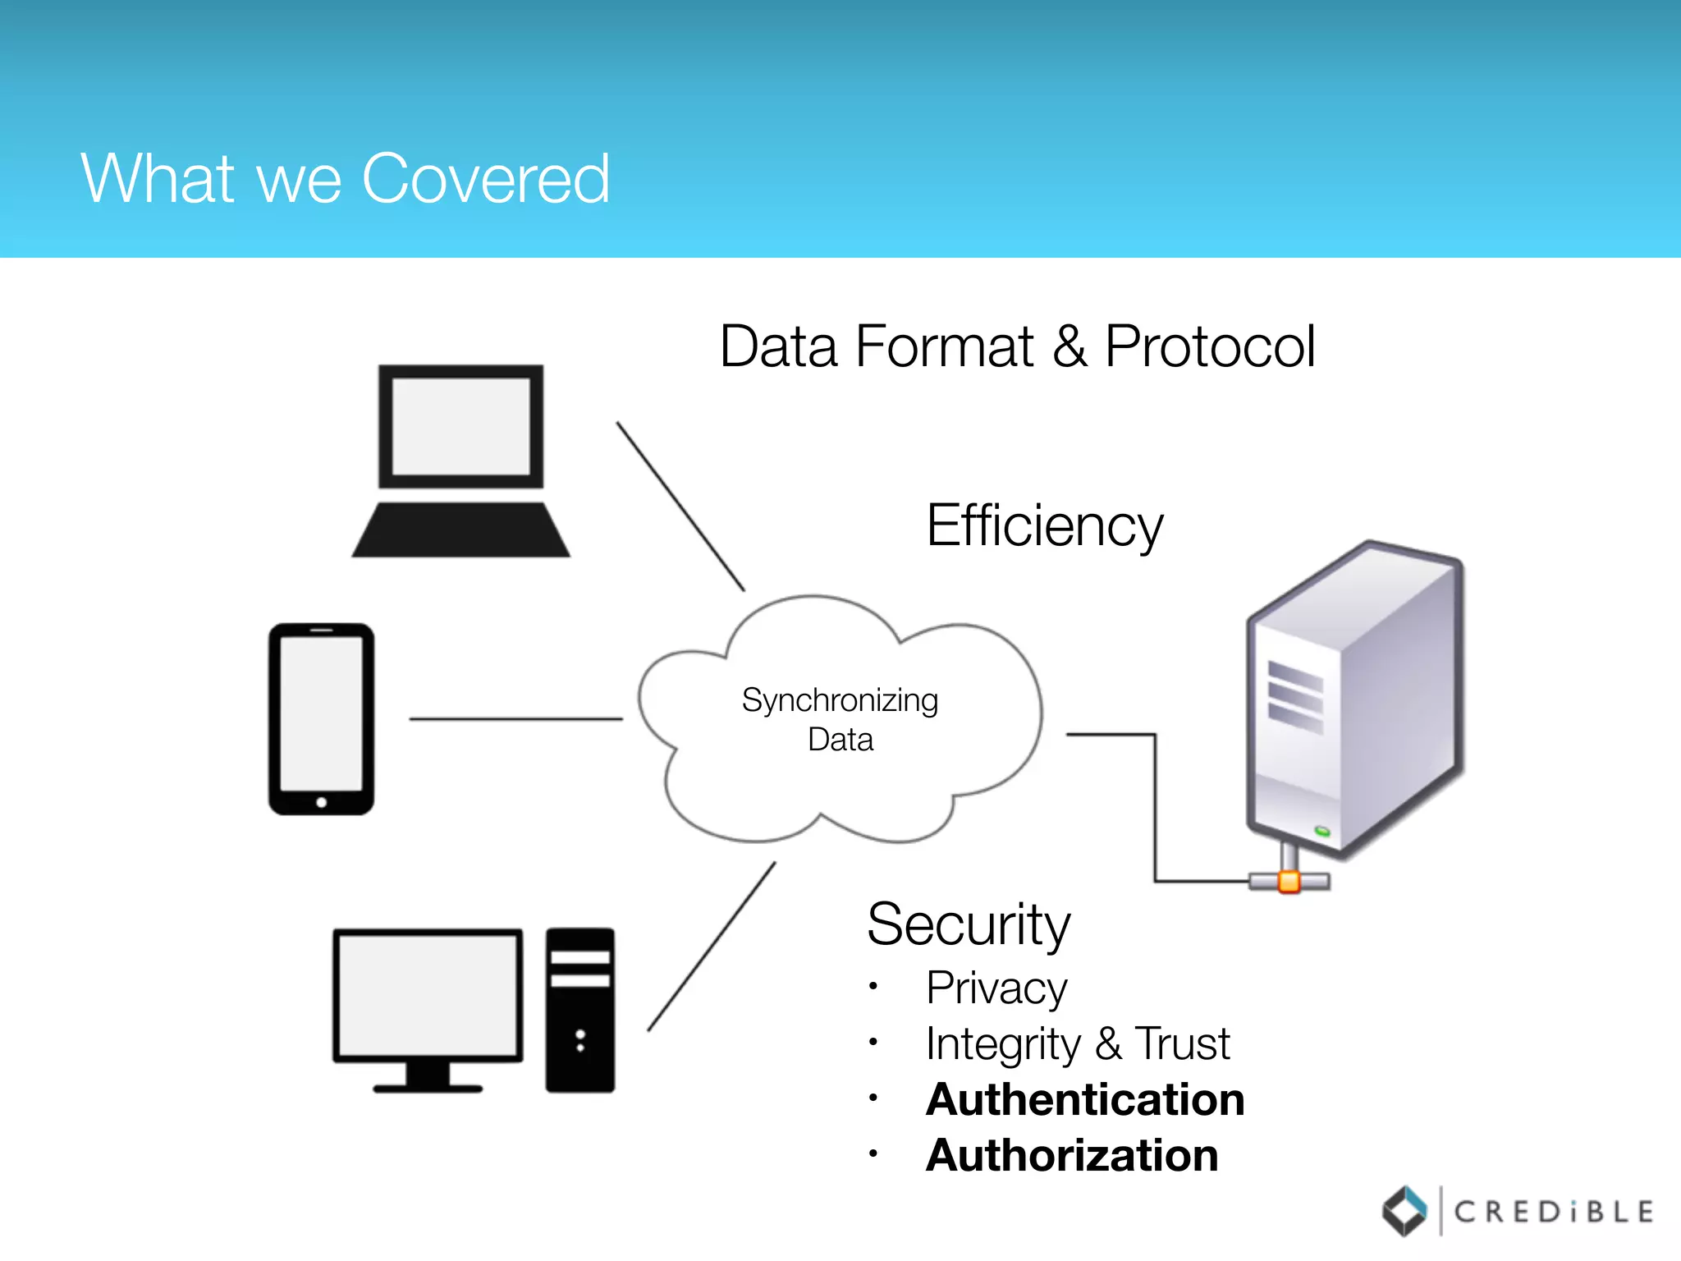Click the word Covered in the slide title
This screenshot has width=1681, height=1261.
(x=486, y=179)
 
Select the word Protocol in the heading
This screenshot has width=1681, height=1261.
(x=1210, y=346)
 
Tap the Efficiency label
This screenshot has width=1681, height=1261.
(x=1044, y=525)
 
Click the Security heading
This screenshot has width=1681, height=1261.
(x=969, y=925)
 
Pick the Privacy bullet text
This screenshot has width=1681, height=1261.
(x=996, y=988)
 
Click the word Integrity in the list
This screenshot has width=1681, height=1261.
(x=1003, y=1044)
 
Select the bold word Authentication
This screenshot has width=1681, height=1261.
(x=1085, y=1100)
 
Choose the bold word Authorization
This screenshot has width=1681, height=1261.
(x=1072, y=1156)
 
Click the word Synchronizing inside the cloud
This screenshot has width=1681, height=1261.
(x=840, y=700)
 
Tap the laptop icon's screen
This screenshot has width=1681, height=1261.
(x=460, y=426)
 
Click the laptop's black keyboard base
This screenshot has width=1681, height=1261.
(x=460, y=531)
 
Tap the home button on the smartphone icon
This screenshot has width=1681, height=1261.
(x=322, y=802)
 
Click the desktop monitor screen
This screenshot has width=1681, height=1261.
(x=428, y=995)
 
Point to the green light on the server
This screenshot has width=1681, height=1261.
(x=1322, y=832)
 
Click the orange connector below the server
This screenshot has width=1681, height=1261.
(x=1289, y=883)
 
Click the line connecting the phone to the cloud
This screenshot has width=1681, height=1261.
(x=515, y=719)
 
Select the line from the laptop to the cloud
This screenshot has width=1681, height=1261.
(x=680, y=507)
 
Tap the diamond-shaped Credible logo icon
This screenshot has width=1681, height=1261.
(x=1404, y=1211)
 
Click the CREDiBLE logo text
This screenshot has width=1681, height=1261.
(x=1553, y=1212)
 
